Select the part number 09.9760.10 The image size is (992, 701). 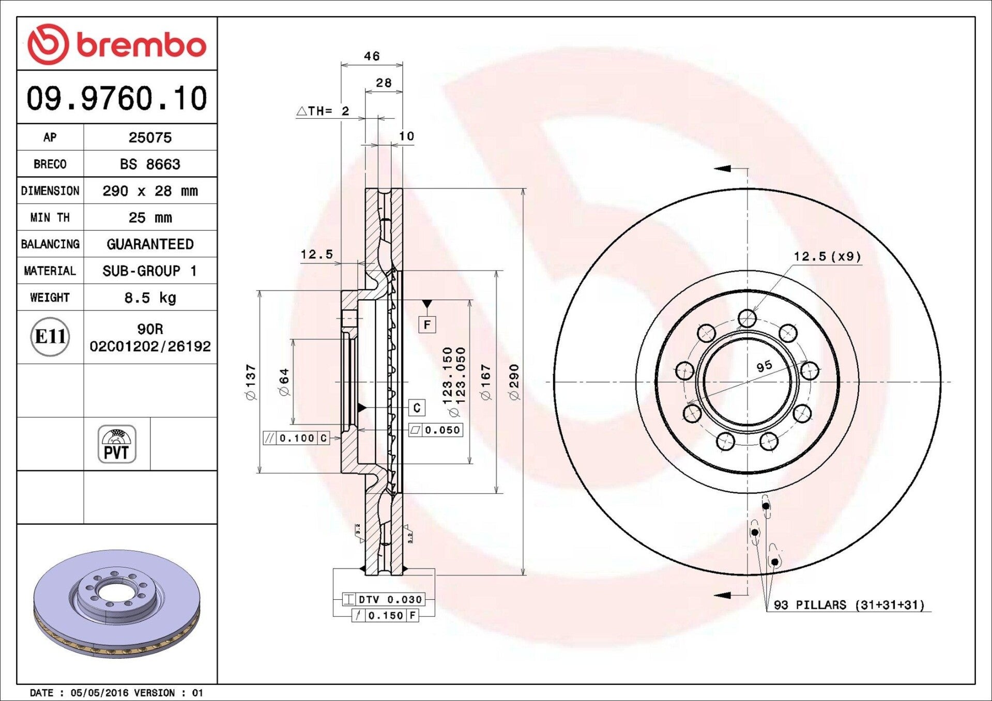point(117,98)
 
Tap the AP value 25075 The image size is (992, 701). point(150,137)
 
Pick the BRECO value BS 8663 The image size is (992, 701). point(150,164)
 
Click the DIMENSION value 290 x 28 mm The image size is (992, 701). point(150,191)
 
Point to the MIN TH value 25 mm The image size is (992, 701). point(150,217)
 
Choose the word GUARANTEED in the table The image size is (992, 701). point(150,244)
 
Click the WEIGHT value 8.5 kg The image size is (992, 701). point(150,298)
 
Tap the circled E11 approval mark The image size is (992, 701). point(50,337)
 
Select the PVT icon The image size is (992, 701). point(117,444)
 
